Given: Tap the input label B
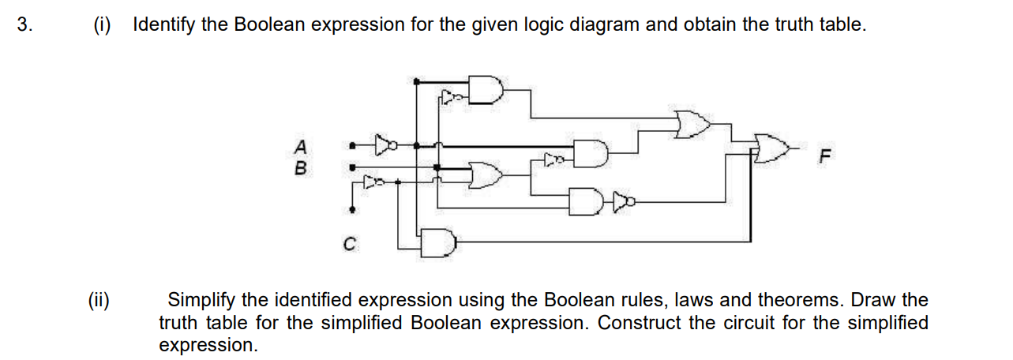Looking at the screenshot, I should (x=299, y=168).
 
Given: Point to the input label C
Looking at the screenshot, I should (x=348, y=244).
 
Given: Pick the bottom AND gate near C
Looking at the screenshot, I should (x=437, y=242).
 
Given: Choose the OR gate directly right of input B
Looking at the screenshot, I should (x=483, y=174).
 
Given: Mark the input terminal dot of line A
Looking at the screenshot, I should (x=352, y=145).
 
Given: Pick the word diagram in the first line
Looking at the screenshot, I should (x=610, y=24).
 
